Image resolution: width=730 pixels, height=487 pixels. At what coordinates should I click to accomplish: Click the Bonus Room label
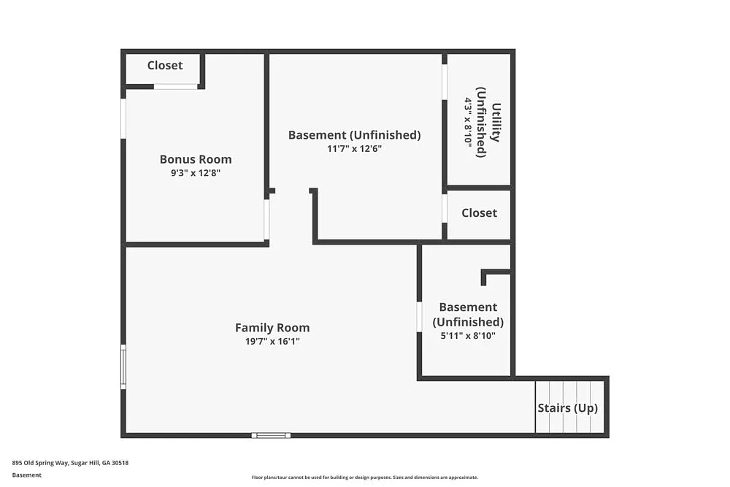pos(196,159)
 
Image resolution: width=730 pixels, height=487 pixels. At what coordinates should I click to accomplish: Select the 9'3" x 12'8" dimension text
pos(196,173)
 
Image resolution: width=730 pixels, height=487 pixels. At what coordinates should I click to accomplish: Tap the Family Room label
pos(272,328)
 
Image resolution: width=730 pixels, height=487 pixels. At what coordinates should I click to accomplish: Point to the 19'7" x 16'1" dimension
pos(272,341)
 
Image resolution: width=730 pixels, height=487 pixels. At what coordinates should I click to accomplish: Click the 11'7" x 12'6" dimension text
pos(354,148)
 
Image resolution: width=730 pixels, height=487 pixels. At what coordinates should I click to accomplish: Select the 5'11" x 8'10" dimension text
pos(467,336)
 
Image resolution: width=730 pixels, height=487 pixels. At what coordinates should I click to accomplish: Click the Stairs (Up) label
pos(567,408)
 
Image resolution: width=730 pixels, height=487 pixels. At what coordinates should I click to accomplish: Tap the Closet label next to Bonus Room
pos(165,65)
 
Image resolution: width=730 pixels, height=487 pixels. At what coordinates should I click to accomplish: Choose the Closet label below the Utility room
pos(479,212)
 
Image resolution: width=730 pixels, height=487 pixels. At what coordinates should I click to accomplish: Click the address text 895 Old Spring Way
pos(70,462)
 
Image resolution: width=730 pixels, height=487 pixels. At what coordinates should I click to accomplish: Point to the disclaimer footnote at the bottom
pos(365,477)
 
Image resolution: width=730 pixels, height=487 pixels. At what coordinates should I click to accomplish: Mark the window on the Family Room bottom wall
pos(271,435)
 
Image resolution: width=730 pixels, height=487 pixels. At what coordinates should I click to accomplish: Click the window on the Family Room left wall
pos(123,367)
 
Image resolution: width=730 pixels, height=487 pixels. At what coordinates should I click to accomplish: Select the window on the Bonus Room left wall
pos(123,118)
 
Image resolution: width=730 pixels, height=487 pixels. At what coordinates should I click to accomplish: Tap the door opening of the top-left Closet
pos(175,87)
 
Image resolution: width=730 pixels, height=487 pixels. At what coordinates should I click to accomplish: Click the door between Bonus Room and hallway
pos(266,219)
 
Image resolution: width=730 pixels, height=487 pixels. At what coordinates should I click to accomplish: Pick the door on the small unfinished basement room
pos(419,317)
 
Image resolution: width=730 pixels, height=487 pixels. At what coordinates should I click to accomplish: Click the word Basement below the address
pos(27,475)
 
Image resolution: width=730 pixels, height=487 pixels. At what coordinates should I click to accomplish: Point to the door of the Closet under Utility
pos(444,208)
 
